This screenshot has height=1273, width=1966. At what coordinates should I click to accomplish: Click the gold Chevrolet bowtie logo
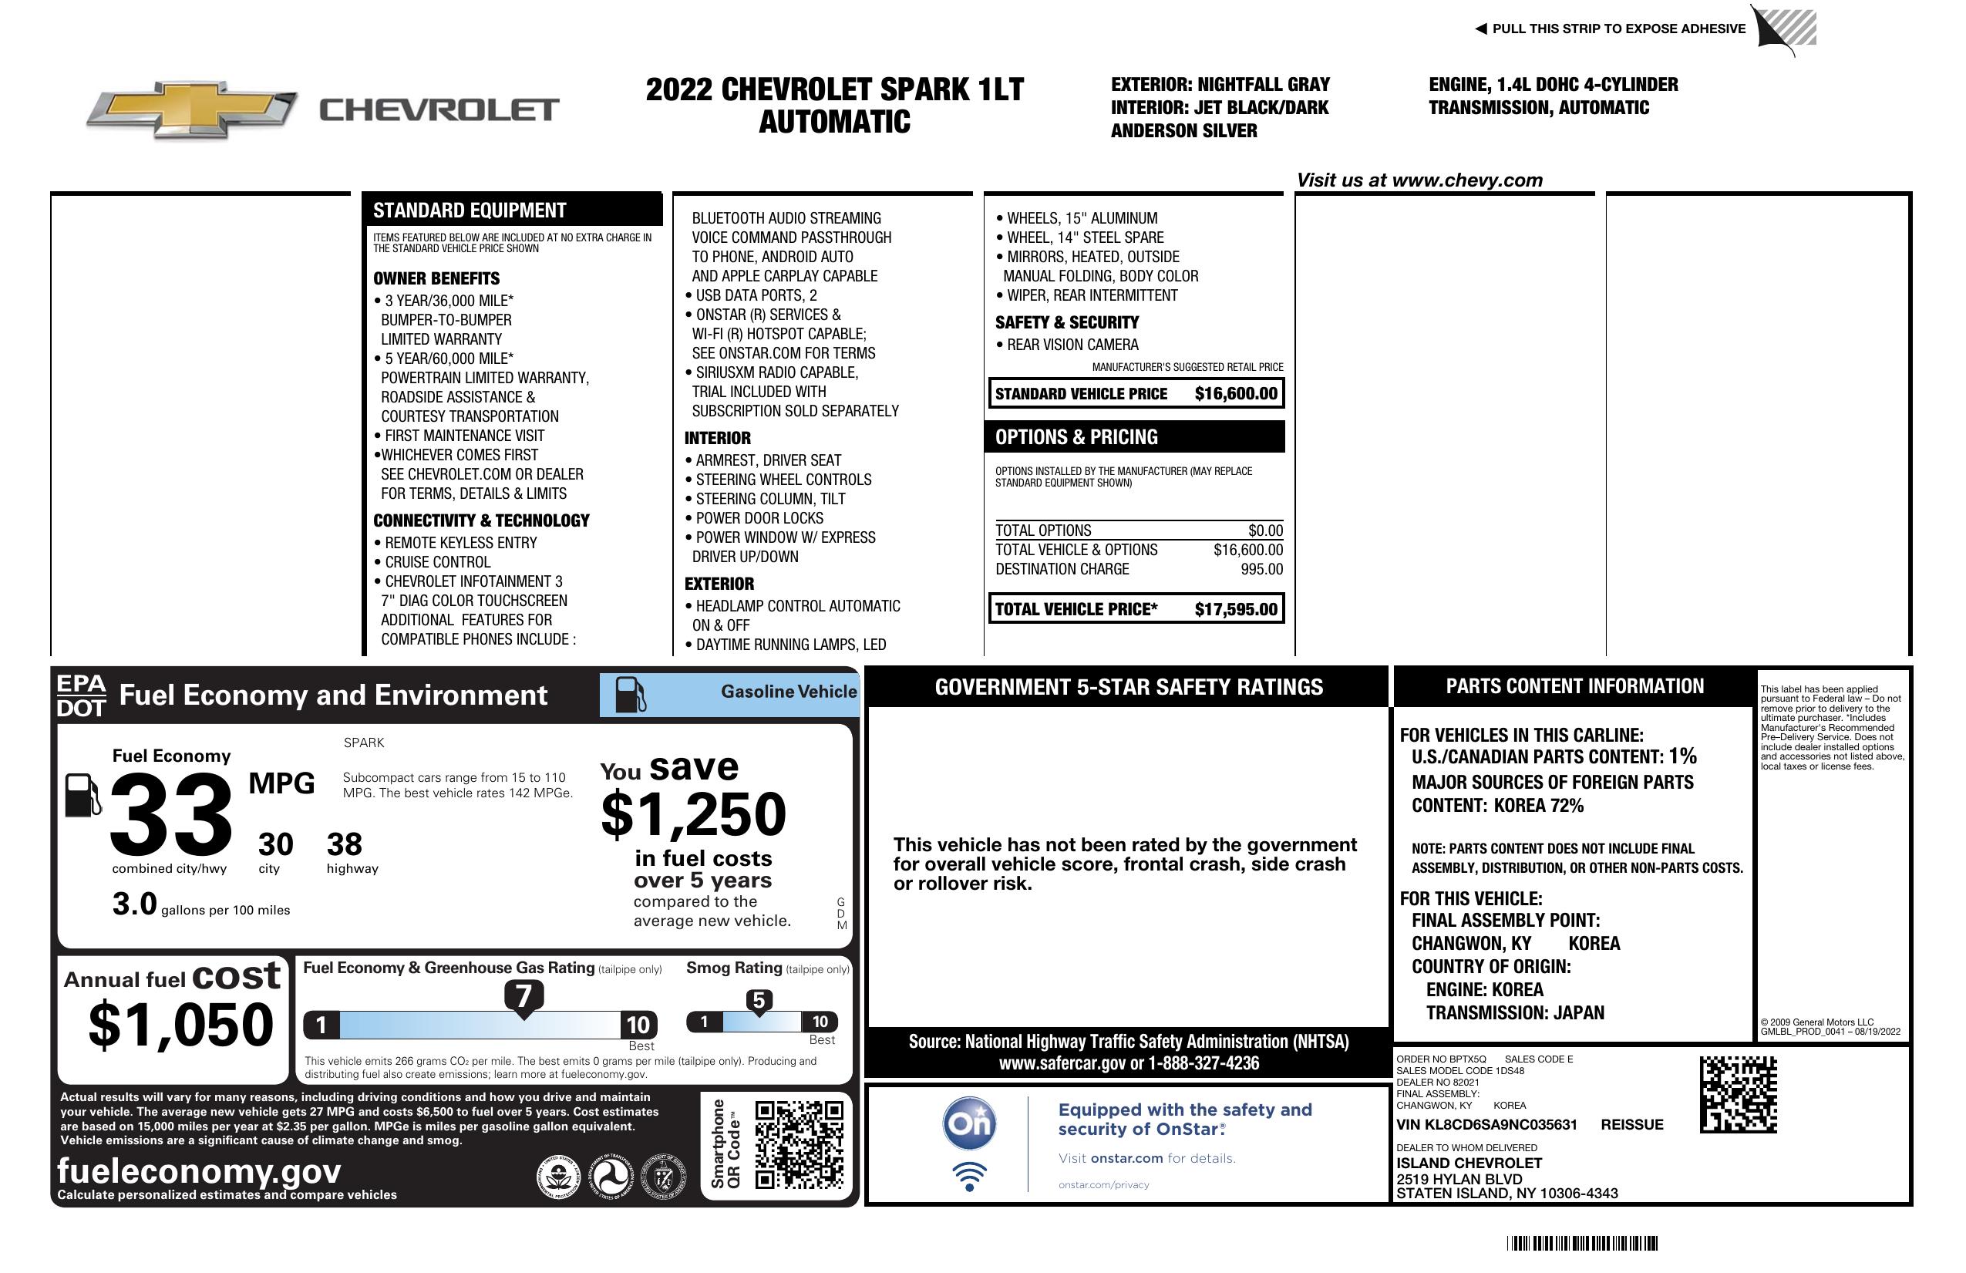(192, 109)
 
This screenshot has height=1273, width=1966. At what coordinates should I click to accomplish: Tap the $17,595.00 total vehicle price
(1236, 610)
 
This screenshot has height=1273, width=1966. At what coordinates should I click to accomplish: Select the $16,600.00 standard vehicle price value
(1236, 394)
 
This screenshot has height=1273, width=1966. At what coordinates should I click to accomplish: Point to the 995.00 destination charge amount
(1261, 569)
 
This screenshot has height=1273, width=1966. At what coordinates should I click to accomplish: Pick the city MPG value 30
(275, 844)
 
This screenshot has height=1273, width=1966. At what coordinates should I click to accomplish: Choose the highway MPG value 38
(345, 844)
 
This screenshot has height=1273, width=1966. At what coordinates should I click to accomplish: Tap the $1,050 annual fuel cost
(180, 1025)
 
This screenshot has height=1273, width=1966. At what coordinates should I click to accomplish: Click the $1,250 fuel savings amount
(693, 814)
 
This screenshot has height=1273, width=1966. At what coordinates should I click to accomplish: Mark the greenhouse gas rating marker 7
(523, 996)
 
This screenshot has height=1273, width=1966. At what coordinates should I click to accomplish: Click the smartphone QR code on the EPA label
(799, 1143)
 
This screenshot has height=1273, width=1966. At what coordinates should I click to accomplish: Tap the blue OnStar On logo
(969, 1123)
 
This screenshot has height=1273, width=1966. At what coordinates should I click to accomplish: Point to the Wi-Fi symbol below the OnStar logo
(969, 1176)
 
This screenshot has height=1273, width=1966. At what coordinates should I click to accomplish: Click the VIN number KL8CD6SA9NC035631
(1486, 1125)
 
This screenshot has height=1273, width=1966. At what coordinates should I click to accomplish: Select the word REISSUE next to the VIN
(1631, 1125)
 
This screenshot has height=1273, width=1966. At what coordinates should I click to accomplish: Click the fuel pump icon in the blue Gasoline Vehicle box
(631, 695)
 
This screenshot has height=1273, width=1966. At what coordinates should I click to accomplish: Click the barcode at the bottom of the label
(1582, 1243)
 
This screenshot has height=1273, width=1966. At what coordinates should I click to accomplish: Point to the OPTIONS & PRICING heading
(1076, 437)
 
